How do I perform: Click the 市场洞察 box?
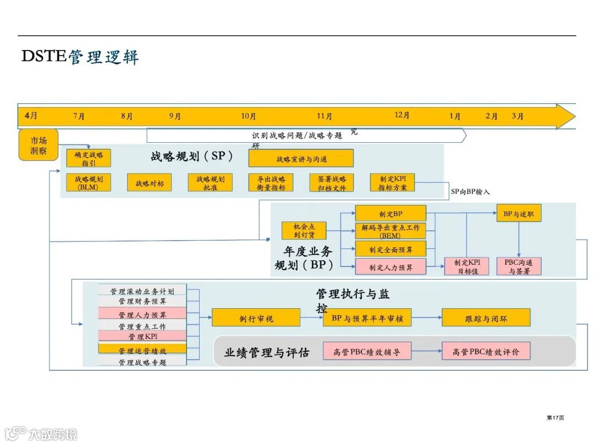pos(38,146)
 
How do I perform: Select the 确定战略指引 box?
pos(89,158)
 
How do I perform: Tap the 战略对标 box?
pos(150,183)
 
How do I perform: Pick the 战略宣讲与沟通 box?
pos(301,159)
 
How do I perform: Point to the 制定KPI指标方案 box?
pos(392,183)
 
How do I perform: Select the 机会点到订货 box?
pos(304,231)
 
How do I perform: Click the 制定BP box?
pos(391,214)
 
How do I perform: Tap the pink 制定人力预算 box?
pos(391,267)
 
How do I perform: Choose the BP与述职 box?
pos(519,214)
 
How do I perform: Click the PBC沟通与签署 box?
pos(519,266)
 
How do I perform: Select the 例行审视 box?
pos(256,318)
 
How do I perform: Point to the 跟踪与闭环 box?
pos(486,318)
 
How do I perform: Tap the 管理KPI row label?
pos(142,336)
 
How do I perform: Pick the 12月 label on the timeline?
pos(402,115)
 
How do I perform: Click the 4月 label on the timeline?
pos(31,116)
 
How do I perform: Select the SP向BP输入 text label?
pos(470,192)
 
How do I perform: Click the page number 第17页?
pos(555,418)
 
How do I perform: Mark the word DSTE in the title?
pos(44,56)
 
